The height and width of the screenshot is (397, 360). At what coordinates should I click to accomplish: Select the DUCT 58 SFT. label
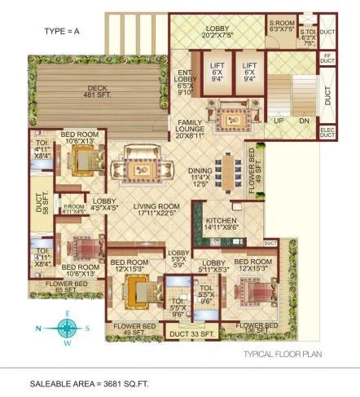[x=40, y=201]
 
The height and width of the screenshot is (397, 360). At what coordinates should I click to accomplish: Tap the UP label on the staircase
[x=279, y=120]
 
